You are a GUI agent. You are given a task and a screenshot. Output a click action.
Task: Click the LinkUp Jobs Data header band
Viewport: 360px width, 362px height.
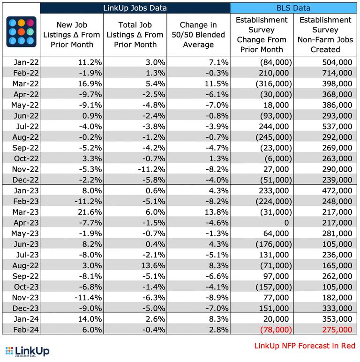[x=135, y=8]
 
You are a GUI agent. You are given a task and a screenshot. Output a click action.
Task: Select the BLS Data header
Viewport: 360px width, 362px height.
[x=293, y=8]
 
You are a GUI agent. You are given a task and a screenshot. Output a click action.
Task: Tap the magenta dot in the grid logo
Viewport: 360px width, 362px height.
[x=30, y=23]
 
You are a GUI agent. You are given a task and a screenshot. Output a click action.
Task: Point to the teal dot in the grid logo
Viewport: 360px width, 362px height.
[x=30, y=31]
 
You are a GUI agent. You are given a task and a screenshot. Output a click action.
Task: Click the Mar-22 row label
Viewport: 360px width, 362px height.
[x=26, y=83]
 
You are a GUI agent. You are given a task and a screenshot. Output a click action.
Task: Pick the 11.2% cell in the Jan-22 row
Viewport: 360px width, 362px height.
[x=90, y=62]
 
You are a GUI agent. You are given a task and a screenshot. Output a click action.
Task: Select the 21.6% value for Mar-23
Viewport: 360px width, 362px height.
[x=90, y=212]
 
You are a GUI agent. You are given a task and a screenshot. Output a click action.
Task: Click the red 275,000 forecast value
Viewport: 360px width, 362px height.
[x=337, y=330]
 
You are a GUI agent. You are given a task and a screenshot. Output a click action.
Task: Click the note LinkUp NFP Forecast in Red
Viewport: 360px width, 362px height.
[x=305, y=346]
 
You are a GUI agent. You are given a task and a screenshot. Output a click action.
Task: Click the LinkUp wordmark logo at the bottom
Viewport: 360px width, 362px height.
[x=27, y=352]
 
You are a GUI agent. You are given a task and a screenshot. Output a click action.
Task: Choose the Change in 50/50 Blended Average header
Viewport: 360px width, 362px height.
[x=198, y=35]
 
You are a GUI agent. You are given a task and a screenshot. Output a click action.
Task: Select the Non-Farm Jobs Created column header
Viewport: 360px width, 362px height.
[x=325, y=35]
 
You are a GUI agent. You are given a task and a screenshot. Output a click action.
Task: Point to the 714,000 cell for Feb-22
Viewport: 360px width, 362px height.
[x=337, y=73]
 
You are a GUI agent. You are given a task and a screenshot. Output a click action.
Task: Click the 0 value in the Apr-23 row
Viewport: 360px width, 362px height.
[x=286, y=223]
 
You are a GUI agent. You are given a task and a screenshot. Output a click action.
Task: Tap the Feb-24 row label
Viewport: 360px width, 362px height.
[x=26, y=330]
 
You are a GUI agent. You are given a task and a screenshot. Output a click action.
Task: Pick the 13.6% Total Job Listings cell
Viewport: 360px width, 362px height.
[x=153, y=265]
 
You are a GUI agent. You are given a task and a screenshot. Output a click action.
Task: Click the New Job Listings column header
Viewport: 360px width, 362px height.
[x=72, y=35]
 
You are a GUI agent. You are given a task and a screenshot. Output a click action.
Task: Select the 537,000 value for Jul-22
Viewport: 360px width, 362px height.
[x=337, y=127]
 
